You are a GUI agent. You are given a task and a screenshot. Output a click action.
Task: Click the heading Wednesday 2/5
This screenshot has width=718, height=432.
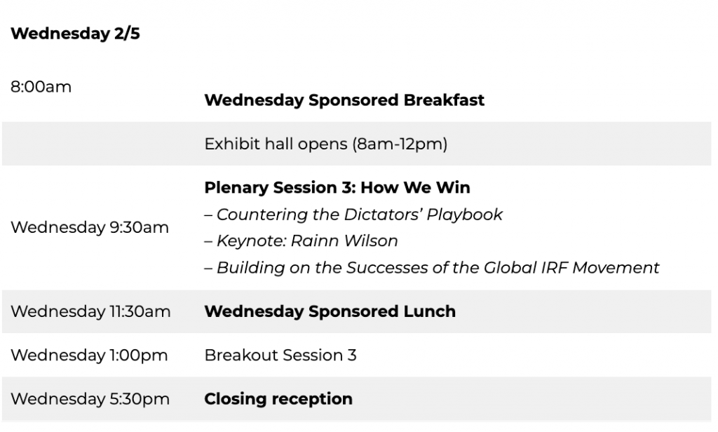[75, 34]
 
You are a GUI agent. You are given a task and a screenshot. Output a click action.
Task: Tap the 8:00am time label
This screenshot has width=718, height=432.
[41, 86]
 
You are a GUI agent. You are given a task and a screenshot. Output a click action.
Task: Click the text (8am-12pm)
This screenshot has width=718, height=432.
[400, 144]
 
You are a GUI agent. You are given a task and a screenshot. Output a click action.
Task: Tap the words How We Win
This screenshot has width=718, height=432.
[415, 187]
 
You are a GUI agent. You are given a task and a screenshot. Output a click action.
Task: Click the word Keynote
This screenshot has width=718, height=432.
[252, 241]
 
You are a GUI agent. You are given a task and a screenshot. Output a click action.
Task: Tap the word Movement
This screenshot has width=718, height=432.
[616, 267]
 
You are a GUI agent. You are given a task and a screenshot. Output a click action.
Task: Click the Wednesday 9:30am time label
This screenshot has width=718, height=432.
[90, 227]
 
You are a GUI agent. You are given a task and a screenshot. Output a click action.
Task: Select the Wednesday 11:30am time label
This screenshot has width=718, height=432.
[90, 311]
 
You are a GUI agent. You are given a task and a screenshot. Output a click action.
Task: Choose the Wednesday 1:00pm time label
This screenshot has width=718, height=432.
[89, 355]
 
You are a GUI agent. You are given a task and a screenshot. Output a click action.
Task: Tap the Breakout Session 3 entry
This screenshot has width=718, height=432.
[280, 355]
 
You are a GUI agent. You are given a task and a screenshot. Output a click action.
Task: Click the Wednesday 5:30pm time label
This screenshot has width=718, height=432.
[90, 399]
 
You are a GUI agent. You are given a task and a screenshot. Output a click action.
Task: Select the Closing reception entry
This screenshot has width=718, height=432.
[278, 399]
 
